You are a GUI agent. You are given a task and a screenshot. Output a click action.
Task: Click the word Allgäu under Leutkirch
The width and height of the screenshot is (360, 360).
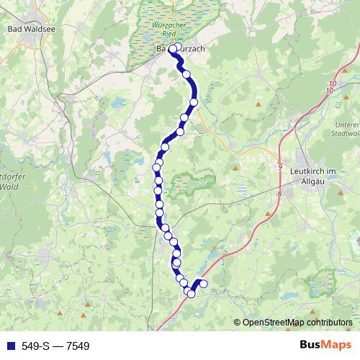tap(318, 180)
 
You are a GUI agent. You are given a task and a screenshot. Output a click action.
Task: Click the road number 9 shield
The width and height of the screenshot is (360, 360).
tap(280, 167)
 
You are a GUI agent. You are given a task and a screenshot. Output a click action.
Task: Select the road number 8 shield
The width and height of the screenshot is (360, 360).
tap(278, 193)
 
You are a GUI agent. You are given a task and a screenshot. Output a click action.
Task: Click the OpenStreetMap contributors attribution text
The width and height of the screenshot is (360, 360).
tap(297, 322)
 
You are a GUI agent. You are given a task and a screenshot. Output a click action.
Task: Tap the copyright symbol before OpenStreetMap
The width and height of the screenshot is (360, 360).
tap(237, 322)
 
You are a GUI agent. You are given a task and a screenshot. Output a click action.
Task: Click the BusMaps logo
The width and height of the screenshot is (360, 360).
tap(325, 346)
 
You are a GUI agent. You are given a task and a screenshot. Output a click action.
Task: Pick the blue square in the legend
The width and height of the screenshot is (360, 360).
tap(9, 346)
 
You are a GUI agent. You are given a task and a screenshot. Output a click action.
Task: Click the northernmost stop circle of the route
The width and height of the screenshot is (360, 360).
tap(177, 48)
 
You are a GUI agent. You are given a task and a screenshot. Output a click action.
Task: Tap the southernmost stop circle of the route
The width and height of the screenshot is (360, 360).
tap(191, 293)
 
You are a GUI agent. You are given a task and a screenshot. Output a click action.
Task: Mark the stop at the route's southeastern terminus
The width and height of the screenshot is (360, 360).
tap(203, 284)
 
